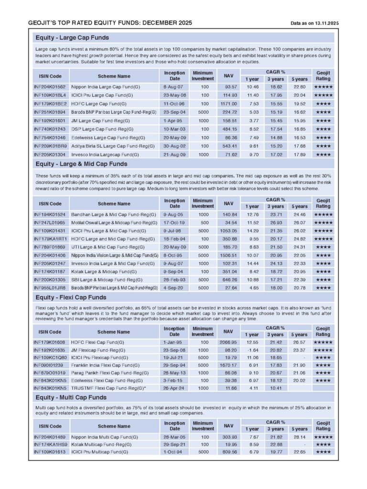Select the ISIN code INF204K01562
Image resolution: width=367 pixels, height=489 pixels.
click(x=50, y=87)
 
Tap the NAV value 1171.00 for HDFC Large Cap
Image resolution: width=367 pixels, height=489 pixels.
click(x=228, y=104)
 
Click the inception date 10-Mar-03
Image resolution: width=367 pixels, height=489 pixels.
click(x=175, y=129)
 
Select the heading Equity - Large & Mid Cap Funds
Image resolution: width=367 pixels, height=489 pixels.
click(x=81, y=164)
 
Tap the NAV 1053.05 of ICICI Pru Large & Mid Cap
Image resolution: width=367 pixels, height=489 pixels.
click(x=228, y=231)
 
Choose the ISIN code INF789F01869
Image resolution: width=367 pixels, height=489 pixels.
click(x=50, y=248)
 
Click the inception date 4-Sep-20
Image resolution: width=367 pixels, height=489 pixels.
click(x=175, y=288)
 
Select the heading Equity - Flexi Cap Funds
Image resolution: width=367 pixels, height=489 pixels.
click(x=71, y=298)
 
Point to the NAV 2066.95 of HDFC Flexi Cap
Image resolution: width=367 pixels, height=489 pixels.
click(x=228, y=343)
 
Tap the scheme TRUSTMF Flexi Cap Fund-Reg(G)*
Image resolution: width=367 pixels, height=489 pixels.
click(x=108, y=389)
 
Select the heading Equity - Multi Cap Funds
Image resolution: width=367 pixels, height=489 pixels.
click(x=71, y=397)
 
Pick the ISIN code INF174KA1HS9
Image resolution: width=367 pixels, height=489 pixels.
click(x=50, y=444)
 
